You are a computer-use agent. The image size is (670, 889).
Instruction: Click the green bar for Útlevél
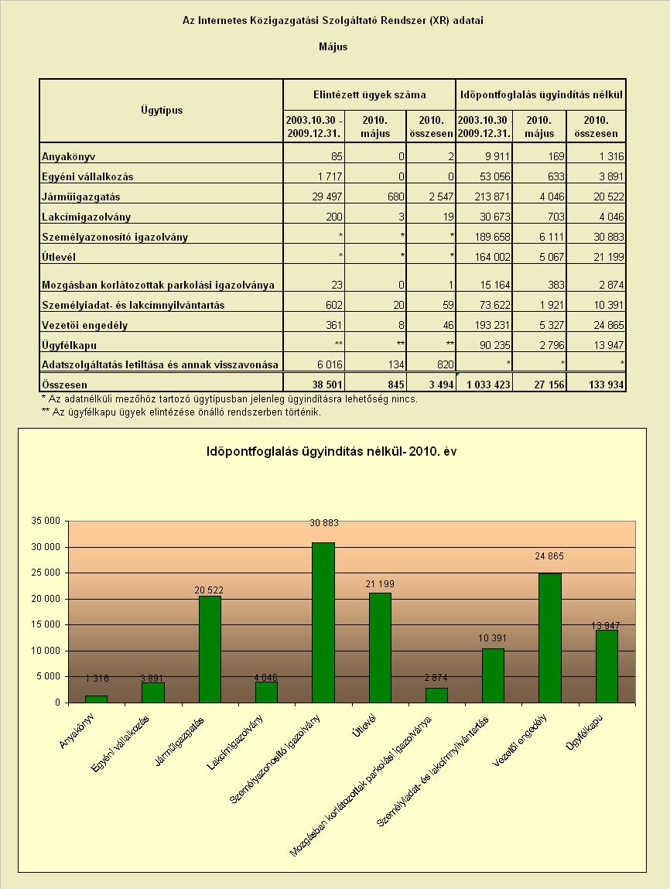point(380,648)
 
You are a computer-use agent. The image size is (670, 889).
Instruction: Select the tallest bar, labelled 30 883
point(323,623)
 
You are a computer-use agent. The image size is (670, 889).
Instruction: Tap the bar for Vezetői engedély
point(550,638)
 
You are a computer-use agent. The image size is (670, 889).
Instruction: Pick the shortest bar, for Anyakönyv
point(97,699)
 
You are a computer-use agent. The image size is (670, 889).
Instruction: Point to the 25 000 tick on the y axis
point(46,573)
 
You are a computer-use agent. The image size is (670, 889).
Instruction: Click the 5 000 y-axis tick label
point(48,676)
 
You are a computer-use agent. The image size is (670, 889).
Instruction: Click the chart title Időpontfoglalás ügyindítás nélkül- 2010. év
point(332,451)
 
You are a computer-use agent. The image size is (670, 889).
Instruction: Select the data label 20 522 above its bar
point(209,590)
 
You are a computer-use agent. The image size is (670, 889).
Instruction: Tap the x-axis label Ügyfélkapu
point(585,733)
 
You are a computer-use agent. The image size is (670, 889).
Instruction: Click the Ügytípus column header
point(162,110)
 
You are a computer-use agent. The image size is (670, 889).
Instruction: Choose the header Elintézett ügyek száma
point(370,94)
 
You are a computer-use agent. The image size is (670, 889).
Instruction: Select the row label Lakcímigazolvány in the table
point(86,217)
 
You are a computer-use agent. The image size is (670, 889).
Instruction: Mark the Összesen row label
point(65,385)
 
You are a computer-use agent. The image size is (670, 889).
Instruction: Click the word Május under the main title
point(333,47)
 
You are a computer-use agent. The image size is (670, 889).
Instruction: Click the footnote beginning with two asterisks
point(181,412)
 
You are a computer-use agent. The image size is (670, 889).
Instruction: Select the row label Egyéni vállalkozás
point(87,177)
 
